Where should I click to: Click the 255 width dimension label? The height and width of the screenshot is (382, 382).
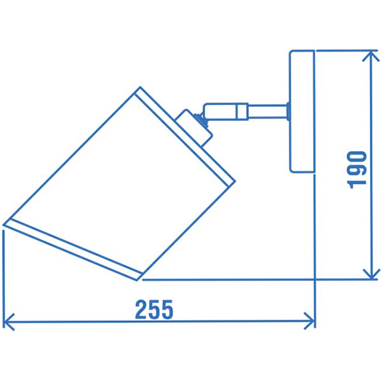click(154, 309)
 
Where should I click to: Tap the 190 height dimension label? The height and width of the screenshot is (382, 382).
click(358, 169)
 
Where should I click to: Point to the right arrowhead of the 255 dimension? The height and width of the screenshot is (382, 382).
click(311, 321)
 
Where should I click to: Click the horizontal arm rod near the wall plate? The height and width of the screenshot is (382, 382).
click(267, 110)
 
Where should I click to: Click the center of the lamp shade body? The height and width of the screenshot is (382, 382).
click(121, 185)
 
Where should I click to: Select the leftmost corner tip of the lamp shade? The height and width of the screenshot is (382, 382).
click(5, 223)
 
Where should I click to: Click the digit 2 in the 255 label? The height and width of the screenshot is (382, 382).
click(141, 309)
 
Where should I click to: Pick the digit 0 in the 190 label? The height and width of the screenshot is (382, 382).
click(358, 156)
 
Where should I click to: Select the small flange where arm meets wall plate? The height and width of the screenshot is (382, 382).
click(288, 111)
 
